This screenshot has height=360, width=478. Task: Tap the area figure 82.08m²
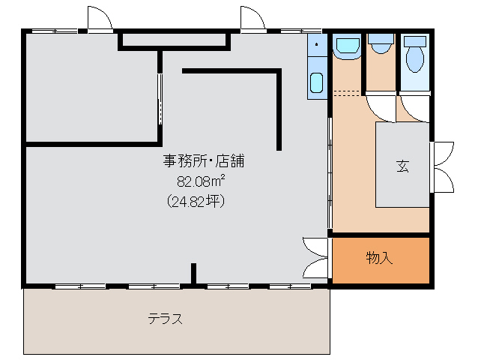tap(202, 180)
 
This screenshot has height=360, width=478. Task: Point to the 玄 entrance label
tap(403, 166)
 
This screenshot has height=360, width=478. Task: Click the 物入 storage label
tap(380, 259)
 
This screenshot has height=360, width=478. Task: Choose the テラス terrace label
tap(166, 318)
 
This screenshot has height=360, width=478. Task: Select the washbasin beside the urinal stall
tap(347, 47)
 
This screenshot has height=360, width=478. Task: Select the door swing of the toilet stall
tap(411, 109)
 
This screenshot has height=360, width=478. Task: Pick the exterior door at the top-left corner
tap(99, 19)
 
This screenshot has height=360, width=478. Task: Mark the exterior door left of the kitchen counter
tap(252, 19)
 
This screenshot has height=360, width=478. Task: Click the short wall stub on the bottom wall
tap(193, 274)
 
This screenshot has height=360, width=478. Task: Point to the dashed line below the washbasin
tap(347, 93)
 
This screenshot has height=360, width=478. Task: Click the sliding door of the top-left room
tap(159, 98)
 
